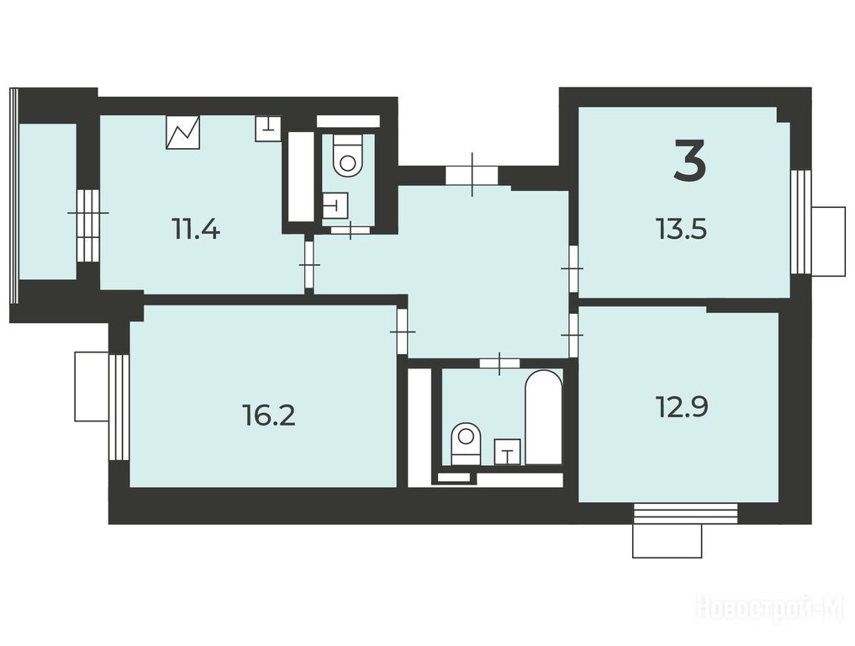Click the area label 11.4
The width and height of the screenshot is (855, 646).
click(x=196, y=228)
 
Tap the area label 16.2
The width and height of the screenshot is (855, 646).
click(x=268, y=416)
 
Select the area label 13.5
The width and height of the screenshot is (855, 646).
click(x=682, y=229)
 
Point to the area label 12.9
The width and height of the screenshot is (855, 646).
click(x=682, y=407)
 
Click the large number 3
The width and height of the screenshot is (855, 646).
click(x=689, y=160)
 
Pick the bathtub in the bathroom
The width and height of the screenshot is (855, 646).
click(x=543, y=418)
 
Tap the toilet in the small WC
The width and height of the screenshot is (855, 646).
click(x=348, y=156)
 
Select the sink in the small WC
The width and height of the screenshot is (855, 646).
click(x=335, y=206)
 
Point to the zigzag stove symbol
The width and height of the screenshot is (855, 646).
click(x=182, y=133)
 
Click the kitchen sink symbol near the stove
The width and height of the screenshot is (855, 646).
click(x=268, y=129)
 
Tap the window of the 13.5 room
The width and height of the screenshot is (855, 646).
click(x=801, y=221)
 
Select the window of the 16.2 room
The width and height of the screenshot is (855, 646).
click(x=119, y=407)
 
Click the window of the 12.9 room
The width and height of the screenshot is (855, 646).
click(x=685, y=513)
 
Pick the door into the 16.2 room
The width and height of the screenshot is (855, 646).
click(x=403, y=331)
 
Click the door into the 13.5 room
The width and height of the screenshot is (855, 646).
click(x=573, y=268)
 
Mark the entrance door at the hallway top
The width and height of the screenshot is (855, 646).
click(x=472, y=175)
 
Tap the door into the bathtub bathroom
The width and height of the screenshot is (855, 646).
click(x=499, y=363)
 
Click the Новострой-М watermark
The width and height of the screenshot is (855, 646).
click(x=770, y=607)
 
